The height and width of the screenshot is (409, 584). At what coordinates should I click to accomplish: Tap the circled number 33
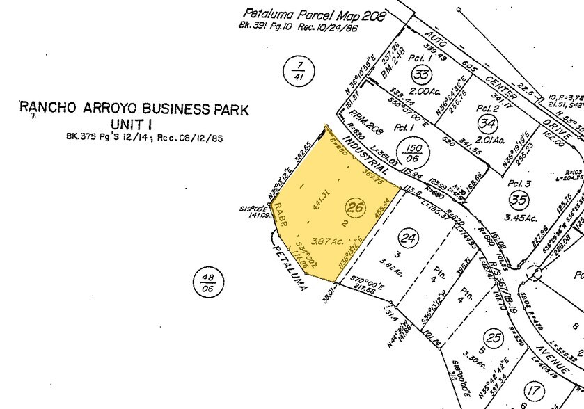point(420,74)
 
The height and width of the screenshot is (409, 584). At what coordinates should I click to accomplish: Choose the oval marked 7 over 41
point(300,70)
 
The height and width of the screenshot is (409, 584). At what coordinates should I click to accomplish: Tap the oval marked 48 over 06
point(207,283)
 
